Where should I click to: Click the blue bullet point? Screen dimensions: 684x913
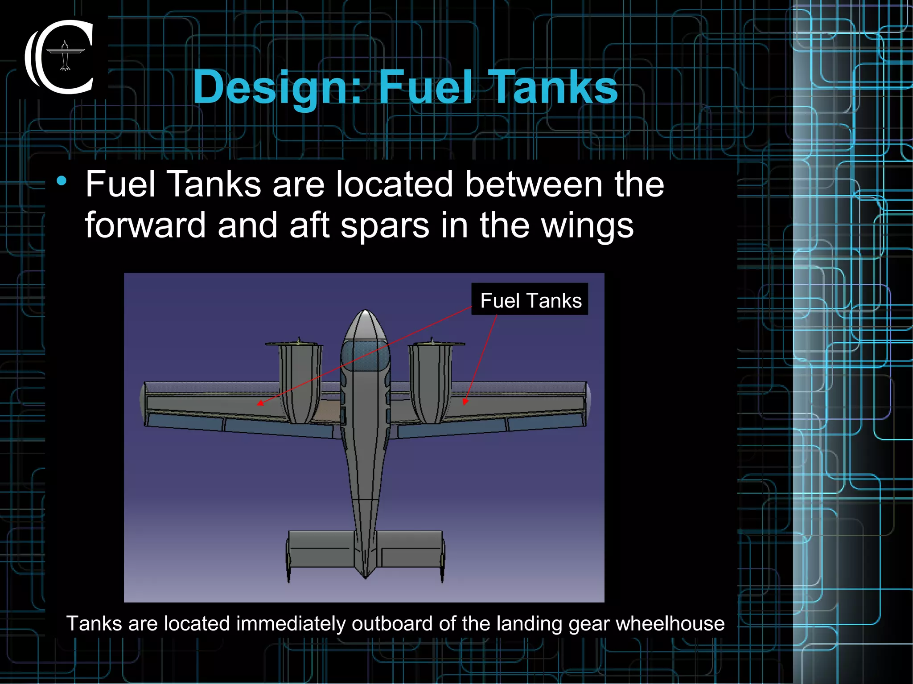(x=62, y=181)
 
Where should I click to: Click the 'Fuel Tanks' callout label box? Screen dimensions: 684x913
(x=530, y=300)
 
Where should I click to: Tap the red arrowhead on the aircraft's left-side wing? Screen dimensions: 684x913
(x=260, y=403)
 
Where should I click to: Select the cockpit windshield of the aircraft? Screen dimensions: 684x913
(x=365, y=355)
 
